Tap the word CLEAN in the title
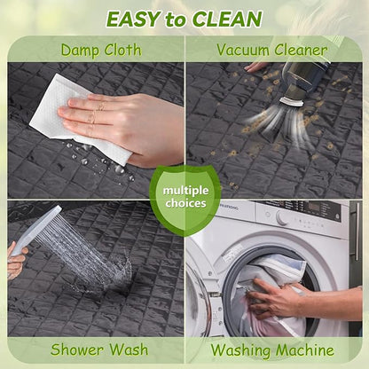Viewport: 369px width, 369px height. pos(227,20)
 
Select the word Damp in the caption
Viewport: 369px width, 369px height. pos(79,51)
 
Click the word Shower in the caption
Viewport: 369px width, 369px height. pos(78,349)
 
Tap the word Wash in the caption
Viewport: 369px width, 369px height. pos(130,349)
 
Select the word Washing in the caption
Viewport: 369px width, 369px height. pos(240,351)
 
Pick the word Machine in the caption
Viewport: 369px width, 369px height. pos(305,350)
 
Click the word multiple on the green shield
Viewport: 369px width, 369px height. pos(185,191)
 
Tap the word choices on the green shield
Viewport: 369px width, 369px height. pos(185,203)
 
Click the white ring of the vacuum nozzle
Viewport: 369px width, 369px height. pos(292,102)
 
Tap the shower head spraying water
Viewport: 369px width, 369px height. pos(35,229)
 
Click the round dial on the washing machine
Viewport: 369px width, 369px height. pos(282,218)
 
